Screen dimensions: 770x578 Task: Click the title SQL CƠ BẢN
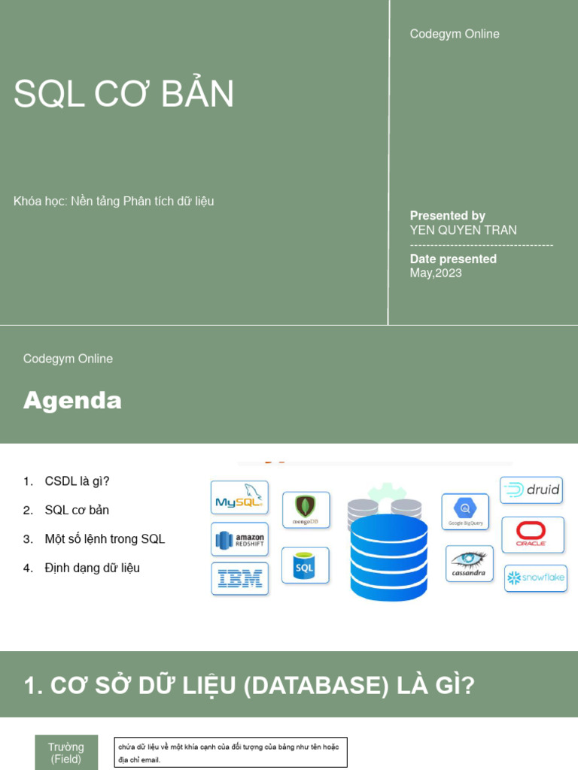coord(124,94)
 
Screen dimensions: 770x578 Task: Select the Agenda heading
coord(72,401)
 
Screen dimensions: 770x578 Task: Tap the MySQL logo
coord(239,498)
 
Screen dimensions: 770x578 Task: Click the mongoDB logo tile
coord(306,510)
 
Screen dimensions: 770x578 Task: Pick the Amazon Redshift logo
coord(239,539)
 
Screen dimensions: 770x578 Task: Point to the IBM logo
coord(239,578)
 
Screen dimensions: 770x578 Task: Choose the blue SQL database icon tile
coord(305,565)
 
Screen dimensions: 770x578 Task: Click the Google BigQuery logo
coord(465,511)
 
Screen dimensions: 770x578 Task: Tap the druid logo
coord(531,490)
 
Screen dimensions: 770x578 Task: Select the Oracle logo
coord(532,535)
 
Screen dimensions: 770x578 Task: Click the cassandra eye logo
coord(470,563)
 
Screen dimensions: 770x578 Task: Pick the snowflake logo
coord(535,578)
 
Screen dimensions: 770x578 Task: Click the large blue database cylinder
coord(388,557)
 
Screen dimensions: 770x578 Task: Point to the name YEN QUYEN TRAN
coord(463,230)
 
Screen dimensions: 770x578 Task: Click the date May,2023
coord(436,273)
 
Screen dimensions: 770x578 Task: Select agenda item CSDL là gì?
coord(77,481)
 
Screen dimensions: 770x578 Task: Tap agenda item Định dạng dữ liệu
coord(92,568)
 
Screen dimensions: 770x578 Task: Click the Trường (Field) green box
coord(66,753)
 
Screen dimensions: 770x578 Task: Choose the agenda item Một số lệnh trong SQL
coord(105,539)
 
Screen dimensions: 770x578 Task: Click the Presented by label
coord(447,216)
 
